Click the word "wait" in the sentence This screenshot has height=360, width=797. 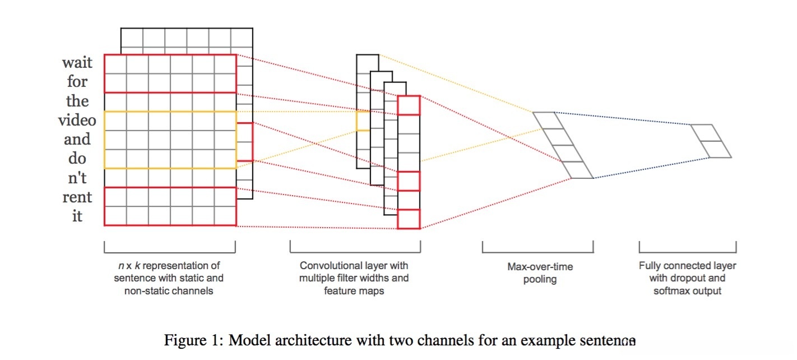[77, 62]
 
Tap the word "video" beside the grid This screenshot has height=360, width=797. [77, 120]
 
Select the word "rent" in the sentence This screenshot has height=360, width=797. [77, 197]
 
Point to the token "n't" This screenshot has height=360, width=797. [77, 178]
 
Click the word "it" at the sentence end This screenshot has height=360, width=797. [77, 216]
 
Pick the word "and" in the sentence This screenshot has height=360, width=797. [77, 139]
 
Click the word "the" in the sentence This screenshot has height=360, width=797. [77, 101]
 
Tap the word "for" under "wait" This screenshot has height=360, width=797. [77, 82]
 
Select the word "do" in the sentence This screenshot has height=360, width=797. [77, 159]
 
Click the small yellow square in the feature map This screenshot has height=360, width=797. [363, 121]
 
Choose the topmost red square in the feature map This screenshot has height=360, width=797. [409, 105]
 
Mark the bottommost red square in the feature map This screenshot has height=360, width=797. [409, 219]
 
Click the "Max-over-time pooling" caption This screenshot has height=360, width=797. [540, 273]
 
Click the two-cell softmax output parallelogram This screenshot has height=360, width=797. [711, 141]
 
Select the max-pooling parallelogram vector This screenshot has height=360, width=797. [563, 145]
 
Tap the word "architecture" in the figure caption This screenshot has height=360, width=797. [313, 340]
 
